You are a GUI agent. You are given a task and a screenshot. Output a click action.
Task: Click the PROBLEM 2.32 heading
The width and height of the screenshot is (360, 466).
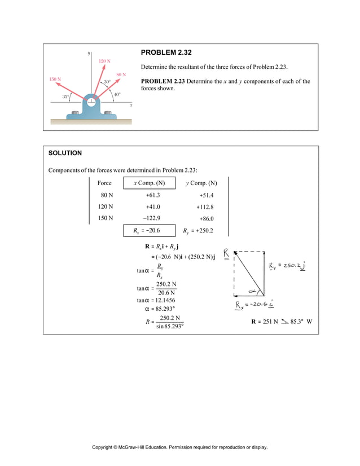[166, 52]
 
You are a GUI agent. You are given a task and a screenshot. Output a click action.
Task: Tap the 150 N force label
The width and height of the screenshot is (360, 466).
[55, 80]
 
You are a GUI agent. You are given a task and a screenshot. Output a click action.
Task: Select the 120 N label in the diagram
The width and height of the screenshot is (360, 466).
[104, 60]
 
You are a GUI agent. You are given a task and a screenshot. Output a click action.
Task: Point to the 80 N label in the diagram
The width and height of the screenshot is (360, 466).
[121, 74]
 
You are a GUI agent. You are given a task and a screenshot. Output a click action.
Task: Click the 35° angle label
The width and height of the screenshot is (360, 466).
[66, 96]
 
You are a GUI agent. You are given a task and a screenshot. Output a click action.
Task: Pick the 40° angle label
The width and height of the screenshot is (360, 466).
[117, 94]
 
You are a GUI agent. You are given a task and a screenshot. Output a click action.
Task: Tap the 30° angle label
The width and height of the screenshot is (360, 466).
[107, 82]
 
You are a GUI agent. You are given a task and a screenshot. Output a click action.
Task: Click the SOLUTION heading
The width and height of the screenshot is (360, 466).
[65, 153]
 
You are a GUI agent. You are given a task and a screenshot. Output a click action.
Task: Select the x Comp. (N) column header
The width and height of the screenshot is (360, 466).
[149, 183]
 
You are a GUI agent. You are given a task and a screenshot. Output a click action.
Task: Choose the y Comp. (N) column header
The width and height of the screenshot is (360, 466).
[201, 183]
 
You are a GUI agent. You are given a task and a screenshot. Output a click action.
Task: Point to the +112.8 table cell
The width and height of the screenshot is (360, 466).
[205, 206]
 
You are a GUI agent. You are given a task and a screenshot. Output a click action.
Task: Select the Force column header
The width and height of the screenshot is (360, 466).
[104, 183]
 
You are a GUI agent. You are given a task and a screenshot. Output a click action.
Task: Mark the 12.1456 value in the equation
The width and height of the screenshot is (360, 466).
[164, 301]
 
